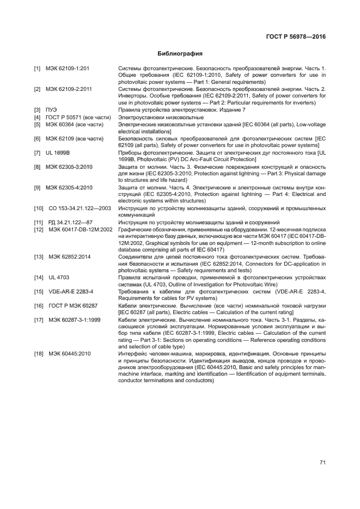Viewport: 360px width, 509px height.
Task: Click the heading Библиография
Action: pyautogui.click(x=180, y=54)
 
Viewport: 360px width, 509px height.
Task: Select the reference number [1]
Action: pyautogui.click(x=37, y=69)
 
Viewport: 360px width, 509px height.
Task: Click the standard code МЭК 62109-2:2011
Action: pyautogui.click(x=69, y=89)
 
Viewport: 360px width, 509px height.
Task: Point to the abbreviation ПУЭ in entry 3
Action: pyautogui.click(x=52, y=109)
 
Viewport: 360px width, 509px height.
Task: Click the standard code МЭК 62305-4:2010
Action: pyautogui.click(x=69, y=187)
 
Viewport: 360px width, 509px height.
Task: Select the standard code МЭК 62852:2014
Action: pyautogui.click(x=67, y=256)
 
